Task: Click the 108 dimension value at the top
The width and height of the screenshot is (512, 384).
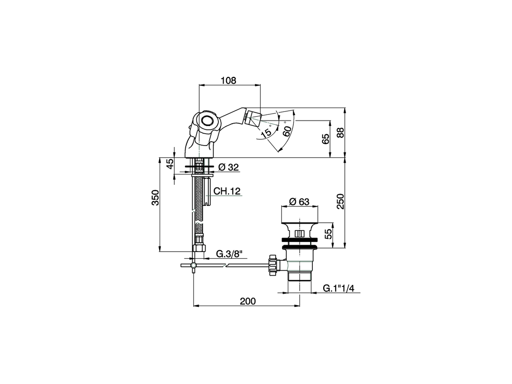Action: point(228,80)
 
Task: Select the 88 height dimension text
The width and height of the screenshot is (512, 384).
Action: point(340,132)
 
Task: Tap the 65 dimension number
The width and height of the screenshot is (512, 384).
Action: point(326,139)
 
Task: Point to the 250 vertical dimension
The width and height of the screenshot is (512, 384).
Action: point(340,202)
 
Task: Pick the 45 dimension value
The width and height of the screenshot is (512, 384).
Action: point(170,164)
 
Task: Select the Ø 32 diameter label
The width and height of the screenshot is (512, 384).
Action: point(229,167)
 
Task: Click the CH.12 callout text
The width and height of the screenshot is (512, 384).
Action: point(227,191)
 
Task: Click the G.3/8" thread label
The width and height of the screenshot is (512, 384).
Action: point(229,254)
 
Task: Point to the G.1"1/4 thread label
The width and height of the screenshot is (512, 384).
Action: point(338,288)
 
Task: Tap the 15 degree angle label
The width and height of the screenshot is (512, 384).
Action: point(266,134)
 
